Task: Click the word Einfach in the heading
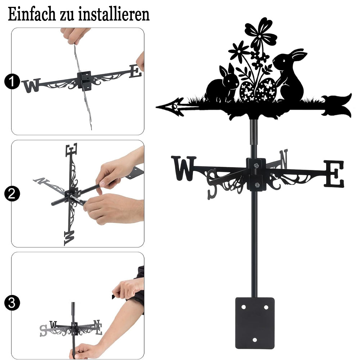pyautogui.click(x=32, y=14)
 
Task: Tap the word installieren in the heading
pyautogui.click(x=114, y=14)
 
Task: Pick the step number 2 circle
pyautogui.click(x=12, y=194)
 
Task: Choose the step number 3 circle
pyautogui.click(x=12, y=303)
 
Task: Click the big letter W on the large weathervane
pyautogui.click(x=184, y=168)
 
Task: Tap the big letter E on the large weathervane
pyautogui.click(x=334, y=174)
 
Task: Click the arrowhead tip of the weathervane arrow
pyautogui.click(x=156, y=107)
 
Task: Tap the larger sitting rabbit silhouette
pyautogui.click(x=289, y=75)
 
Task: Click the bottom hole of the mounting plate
pyautogui.click(x=255, y=340)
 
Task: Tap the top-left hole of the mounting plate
pyautogui.click(x=243, y=307)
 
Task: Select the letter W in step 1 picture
pyautogui.click(x=31, y=86)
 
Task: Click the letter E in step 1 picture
pyautogui.click(x=135, y=71)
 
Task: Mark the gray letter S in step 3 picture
pyautogui.click(x=43, y=330)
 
